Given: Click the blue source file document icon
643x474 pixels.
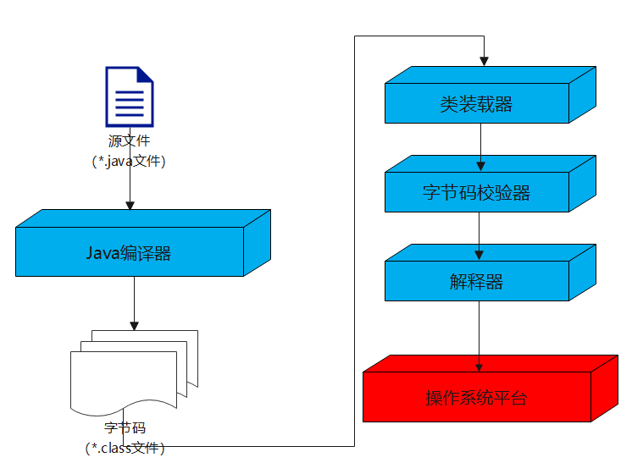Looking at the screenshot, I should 129,96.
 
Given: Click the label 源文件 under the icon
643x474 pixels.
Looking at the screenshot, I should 129,141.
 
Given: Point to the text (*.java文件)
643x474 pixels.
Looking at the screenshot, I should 129,160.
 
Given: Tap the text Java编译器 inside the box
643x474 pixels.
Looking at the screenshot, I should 129,252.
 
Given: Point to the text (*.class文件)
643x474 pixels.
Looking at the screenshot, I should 125,447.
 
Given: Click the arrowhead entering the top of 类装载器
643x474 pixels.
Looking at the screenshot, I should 483,62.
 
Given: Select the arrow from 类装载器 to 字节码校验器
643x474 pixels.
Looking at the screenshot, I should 481,146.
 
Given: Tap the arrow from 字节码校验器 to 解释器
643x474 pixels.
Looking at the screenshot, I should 480,235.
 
